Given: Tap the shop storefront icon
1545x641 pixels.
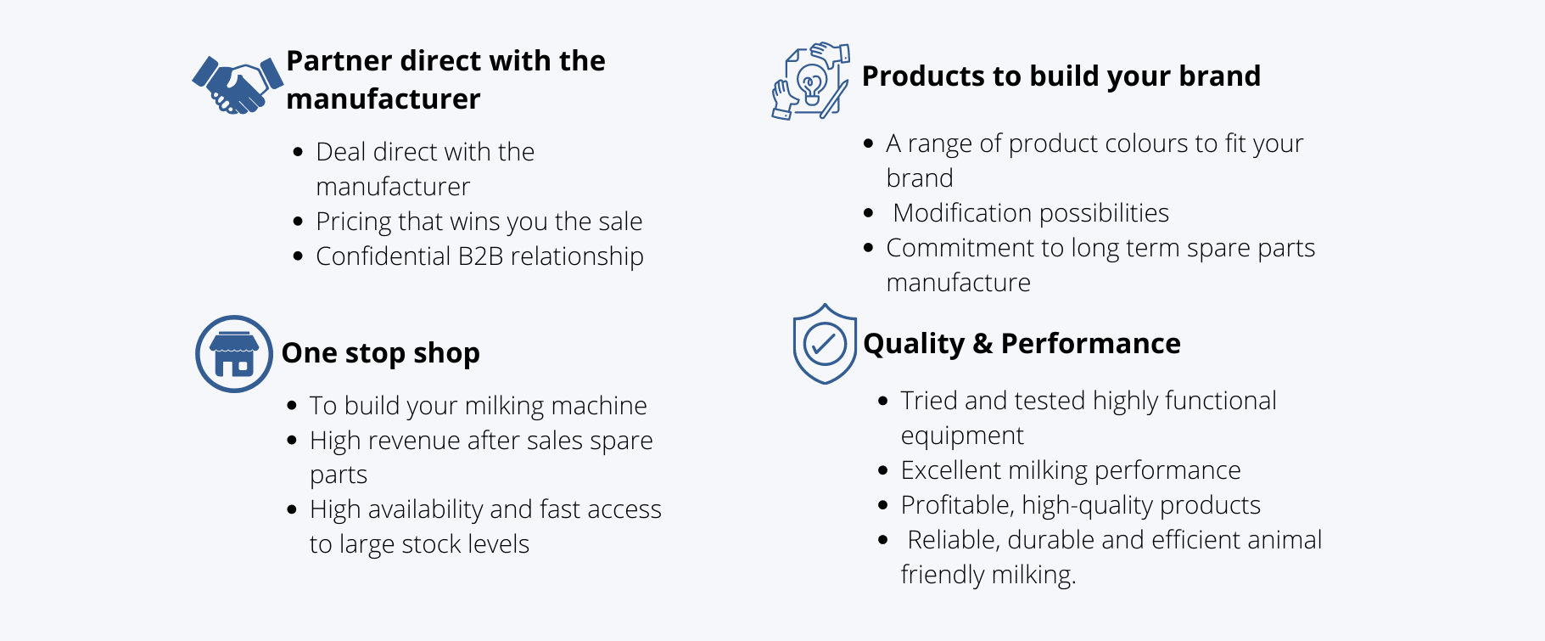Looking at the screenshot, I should (x=234, y=354).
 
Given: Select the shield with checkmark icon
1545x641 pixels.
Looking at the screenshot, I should (x=824, y=344).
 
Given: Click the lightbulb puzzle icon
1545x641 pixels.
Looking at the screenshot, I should (x=811, y=82).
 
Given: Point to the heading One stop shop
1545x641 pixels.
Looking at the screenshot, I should (x=380, y=353).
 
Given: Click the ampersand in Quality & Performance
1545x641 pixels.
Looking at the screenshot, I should (x=982, y=344).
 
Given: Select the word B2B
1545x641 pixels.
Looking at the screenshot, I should (x=480, y=256).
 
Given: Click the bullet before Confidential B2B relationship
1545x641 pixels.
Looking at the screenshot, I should (x=298, y=256).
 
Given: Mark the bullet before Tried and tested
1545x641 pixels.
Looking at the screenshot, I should (x=883, y=401).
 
